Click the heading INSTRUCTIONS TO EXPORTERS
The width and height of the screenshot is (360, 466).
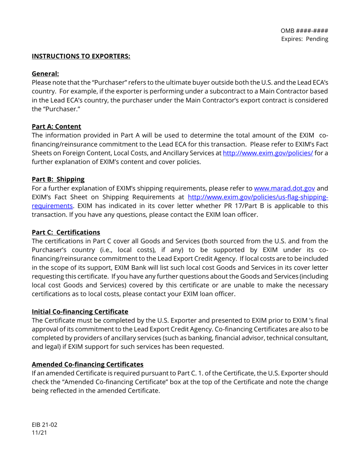(81, 56)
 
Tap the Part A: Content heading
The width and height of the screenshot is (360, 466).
(56, 127)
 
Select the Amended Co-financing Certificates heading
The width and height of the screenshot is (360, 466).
(88, 364)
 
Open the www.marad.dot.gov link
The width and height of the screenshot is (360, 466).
(284, 188)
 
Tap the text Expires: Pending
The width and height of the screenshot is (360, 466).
(304, 39)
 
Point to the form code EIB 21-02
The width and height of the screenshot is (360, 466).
(44, 425)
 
